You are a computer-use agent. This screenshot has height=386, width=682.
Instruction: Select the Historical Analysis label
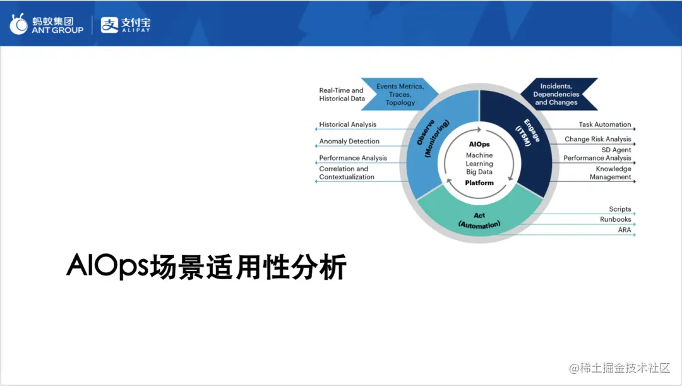click(x=347, y=124)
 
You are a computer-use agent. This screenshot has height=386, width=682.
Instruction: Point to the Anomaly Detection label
click(x=349, y=142)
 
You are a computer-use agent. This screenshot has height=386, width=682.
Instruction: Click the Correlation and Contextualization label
click(x=347, y=173)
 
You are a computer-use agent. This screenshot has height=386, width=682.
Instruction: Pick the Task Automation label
click(x=604, y=124)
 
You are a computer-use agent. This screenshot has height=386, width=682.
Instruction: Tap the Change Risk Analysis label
click(x=597, y=139)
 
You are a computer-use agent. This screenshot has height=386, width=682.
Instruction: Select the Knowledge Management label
click(x=611, y=173)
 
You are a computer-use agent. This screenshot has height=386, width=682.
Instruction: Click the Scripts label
click(x=619, y=209)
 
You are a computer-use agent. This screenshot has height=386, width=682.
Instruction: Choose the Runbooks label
click(x=615, y=219)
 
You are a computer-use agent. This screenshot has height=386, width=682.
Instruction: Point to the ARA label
click(x=624, y=230)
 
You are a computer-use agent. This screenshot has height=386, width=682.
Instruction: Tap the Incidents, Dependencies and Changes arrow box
click(x=556, y=94)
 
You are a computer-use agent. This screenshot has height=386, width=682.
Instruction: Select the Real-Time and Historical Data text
click(x=341, y=94)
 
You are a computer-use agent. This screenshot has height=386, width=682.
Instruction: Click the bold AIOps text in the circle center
click(x=479, y=144)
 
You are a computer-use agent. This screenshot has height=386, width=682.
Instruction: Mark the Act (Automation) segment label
click(x=479, y=220)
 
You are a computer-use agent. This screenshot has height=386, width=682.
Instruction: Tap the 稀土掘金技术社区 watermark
click(x=619, y=368)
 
